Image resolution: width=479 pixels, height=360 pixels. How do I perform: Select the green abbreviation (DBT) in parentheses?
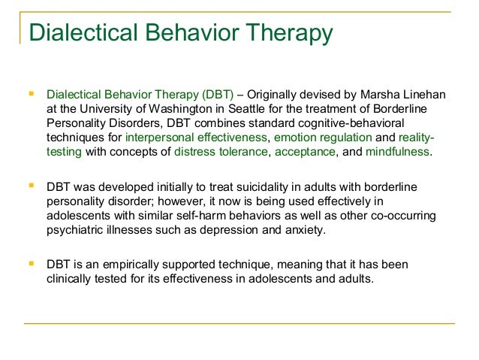[217, 95]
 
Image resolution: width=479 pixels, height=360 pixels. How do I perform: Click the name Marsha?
[387, 95]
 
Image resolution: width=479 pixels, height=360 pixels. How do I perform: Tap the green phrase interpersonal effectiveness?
[196, 138]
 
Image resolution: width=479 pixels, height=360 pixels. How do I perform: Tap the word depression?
[264, 229]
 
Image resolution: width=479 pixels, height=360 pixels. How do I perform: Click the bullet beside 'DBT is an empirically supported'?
[30, 263]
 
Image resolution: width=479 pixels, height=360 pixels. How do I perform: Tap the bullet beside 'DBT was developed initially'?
[30, 185]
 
